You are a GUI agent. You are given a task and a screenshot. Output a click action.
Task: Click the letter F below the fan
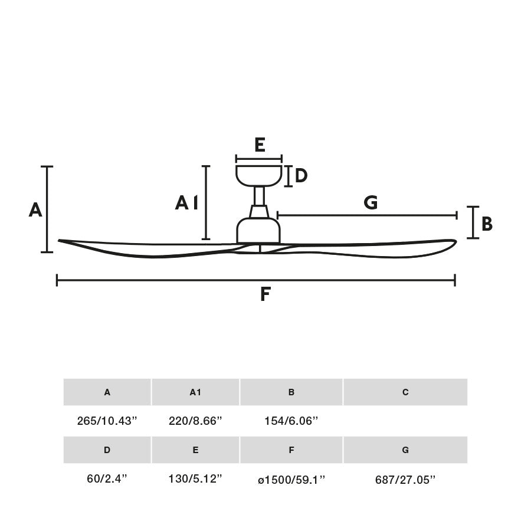click(265, 294)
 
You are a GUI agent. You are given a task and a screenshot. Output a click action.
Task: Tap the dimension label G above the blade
click(371, 203)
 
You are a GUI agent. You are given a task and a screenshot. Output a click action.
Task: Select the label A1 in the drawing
click(186, 204)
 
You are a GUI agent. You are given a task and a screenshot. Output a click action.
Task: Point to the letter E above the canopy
click(260, 145)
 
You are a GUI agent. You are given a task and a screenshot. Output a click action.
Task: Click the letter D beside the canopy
click(301, 176)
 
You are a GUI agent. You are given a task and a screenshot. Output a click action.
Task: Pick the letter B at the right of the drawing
click(487, 224)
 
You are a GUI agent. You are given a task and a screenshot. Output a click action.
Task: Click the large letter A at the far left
click(35, 209)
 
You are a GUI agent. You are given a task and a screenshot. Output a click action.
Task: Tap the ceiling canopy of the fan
click(258, 175)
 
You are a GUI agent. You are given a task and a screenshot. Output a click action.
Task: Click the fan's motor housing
click(258, 230)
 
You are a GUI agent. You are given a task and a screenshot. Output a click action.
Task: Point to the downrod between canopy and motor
click(259, 196)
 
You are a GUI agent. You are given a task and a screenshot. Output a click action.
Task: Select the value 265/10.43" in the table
click(107, 421)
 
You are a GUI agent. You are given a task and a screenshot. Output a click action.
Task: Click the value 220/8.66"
click(195, 421)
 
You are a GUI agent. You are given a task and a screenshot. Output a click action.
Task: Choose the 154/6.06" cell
click(291, 421)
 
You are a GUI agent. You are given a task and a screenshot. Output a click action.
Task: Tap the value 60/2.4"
click(107, 479)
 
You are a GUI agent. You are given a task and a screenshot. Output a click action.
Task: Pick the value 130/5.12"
click(195, 479)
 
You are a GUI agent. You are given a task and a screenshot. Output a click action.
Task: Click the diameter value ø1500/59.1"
click(291, 480)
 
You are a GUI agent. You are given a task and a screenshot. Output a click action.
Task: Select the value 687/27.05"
click(405, 480)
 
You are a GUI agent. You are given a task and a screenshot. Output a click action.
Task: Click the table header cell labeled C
click(405, 392)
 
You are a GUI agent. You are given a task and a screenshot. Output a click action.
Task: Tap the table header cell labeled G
click(405, 450)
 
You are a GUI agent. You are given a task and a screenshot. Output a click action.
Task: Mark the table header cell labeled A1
click(195, 392)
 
